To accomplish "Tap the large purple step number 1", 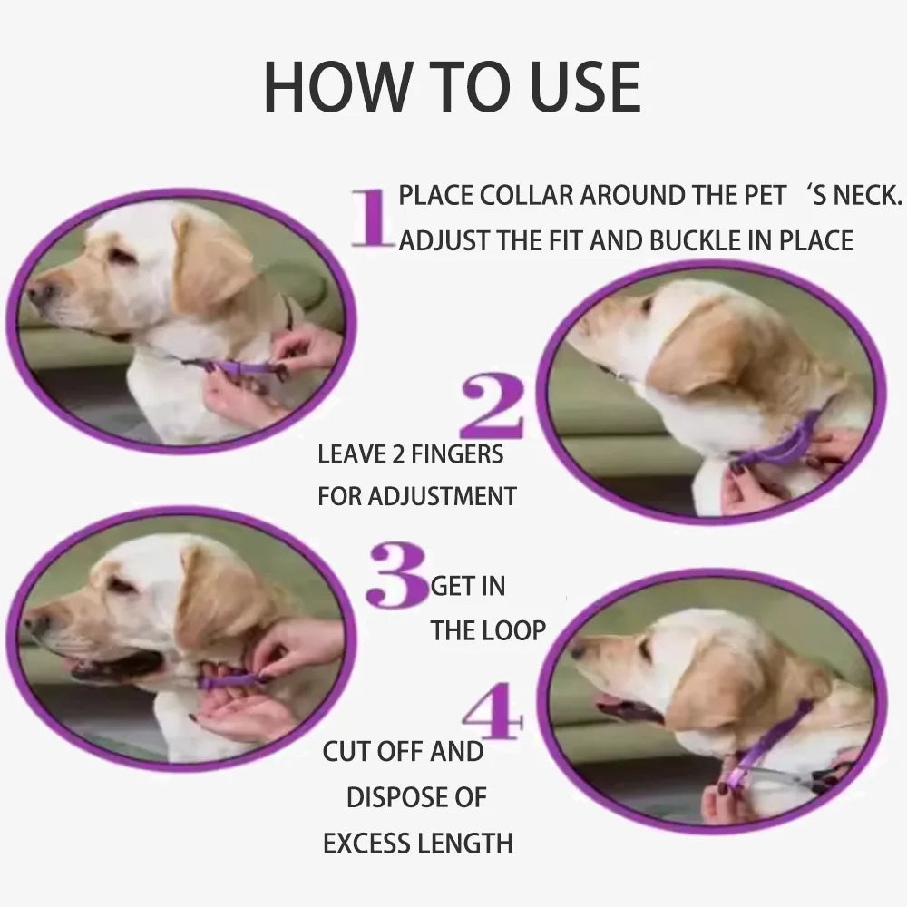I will [x=371, y=218].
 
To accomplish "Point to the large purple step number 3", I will [x=395, y=575].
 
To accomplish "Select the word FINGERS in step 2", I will [x=458, y=453].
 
